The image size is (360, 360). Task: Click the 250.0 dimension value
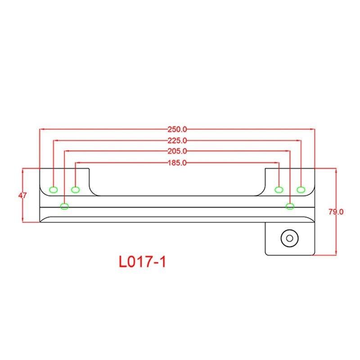click(177, 130)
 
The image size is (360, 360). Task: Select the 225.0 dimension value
click(177, 140)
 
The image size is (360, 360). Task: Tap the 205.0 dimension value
click(177, 151)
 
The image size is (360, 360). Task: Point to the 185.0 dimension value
click(177, 163)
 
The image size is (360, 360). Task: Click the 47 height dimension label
click(22, 195)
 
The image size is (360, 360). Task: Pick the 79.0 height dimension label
click(336, 211)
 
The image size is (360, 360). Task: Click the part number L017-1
click(142, 262)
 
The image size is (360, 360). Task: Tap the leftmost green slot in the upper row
click(54, 190)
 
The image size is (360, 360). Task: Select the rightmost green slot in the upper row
click(301, 190)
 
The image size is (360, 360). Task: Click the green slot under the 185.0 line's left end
click(75, 190)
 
